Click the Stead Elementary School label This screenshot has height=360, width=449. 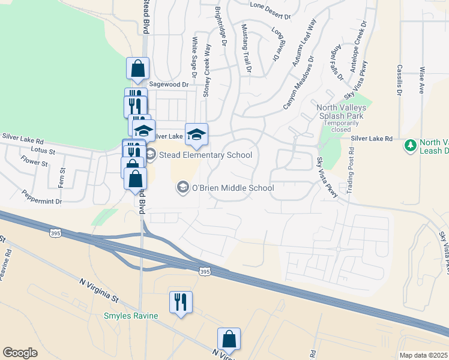[205, 155]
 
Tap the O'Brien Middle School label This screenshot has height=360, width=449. [232, 188]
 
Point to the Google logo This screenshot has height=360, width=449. [20, 353]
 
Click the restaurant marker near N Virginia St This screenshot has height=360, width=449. [181, 302]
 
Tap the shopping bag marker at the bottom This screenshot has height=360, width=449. [229, 339]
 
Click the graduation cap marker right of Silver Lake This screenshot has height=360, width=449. [196, 134]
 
